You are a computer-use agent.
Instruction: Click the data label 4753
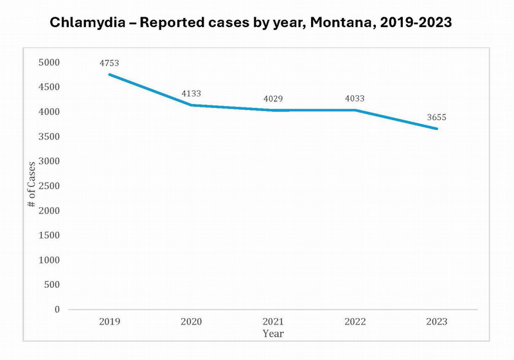click(109, 63)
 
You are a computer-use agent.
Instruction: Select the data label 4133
click(191, 93)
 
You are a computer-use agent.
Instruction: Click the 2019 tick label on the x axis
click(109, 321)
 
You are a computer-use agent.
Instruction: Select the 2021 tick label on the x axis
click(272, 321)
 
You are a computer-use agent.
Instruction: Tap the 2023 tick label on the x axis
click(436, 321)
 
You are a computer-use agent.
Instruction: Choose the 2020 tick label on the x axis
click(191, 321)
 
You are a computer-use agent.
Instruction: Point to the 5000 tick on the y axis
click(48, 62)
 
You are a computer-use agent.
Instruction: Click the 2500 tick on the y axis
click(48, 186)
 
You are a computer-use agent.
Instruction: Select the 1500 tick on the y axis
click(48, 235)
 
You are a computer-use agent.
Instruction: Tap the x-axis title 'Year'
click(272, 334)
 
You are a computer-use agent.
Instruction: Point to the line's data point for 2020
click(191, 105)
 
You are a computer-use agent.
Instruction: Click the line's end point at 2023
click(437, 129)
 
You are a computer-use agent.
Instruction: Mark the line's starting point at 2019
click(109, 75)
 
